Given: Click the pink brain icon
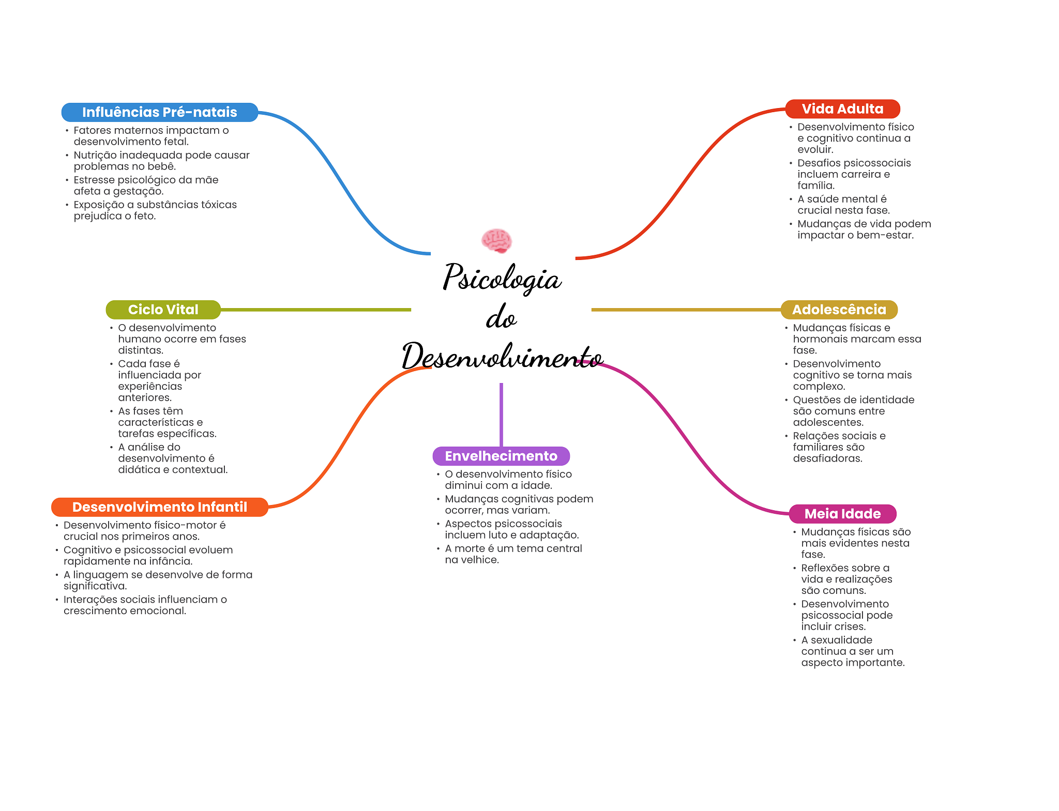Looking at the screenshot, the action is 496,240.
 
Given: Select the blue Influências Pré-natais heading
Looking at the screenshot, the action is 159,112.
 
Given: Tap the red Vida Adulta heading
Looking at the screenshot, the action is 842,109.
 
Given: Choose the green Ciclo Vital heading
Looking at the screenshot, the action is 163,310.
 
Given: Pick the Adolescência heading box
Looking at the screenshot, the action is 839,310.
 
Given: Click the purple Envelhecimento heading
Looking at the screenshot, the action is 501,456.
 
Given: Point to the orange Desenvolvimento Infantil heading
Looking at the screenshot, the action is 159,507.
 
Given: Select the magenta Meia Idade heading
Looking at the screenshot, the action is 842,514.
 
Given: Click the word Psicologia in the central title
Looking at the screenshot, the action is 502,278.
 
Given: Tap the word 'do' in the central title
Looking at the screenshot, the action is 501,317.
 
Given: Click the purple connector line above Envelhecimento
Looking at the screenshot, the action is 501,414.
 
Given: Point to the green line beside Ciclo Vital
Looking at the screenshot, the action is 315,310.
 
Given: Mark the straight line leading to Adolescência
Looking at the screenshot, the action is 685,310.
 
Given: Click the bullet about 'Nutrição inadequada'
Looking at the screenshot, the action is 161,161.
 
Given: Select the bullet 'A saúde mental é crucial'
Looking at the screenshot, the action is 843,205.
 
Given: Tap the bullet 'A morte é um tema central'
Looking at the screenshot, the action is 513,554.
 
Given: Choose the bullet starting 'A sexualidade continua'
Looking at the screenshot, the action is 852,651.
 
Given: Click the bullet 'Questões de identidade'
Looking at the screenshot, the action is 853,411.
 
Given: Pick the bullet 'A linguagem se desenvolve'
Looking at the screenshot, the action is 158,580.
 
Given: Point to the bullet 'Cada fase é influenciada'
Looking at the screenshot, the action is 159,380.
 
